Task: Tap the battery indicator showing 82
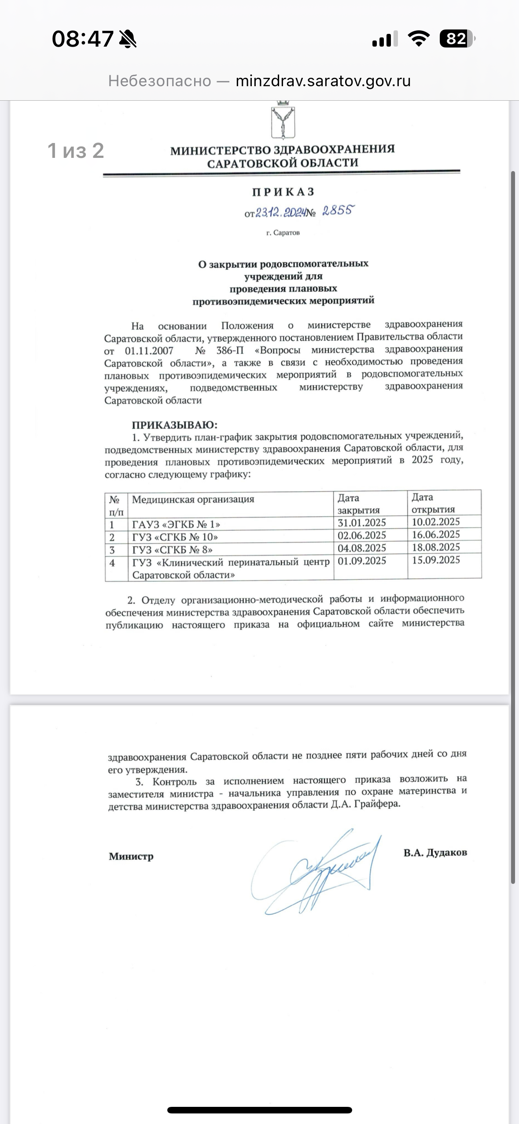pyautogui.click(x=457, y=39)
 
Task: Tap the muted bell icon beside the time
pyautogui.click(x=128, y=39)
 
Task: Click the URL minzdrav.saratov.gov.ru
pyautogui.click(x=323, y=81)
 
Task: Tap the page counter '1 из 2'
pyautogui.click(x=76, y=151)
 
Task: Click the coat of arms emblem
pyautogui.click(x=283, y=120)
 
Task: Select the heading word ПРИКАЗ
pyautogui.click(x=283, y=192)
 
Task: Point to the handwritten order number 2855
pyautogui.click(x=338, y=211)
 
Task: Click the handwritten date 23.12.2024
pyautogui.click(x=280, y=213)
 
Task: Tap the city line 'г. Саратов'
pyautogui.click(x=283, y=233)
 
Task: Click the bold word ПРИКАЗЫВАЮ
pyautogui.click(x=174, y=425)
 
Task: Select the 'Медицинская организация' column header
pyautogui.click(x=193, y=500)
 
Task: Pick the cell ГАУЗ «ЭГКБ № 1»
pyautogui.click(x=176, y=524)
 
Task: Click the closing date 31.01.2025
pyautogui.click(x=361, y=523)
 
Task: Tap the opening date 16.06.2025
pyautogui.click(x=436, y=535)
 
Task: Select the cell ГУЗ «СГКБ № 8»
pyautogui.click(x=173, y=550)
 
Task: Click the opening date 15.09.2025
pyautogui.click(x=436, y=560)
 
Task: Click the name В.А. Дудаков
pyautogui.click(x=435, y=853)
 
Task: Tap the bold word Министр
pyautogui.click(x=131, y=856)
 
